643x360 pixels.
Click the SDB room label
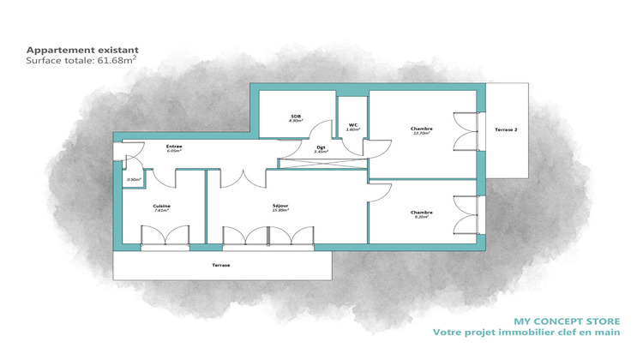(295, 117)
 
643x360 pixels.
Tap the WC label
(352, 124)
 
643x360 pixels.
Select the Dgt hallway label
(321, 147)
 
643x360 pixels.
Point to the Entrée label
(173, 147)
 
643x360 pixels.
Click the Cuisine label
(161, 206)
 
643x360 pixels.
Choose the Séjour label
(280, 206)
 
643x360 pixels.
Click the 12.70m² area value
(421, 133)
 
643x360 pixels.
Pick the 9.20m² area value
(421, 217)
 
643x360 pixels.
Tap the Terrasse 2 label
(506, 129)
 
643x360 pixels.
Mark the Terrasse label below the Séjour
(221, 266)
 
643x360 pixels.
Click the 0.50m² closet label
(134, 179)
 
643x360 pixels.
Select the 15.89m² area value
(280, 211)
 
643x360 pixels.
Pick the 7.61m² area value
(161, 211)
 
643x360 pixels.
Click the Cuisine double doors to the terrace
(164, 234)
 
